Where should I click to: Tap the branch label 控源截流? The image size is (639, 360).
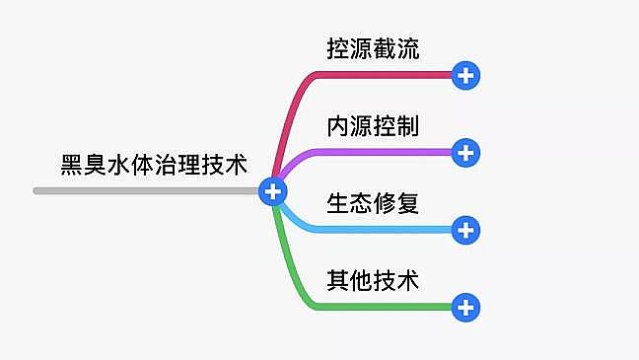point(373,48)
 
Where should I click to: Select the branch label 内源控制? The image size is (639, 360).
point(373,126)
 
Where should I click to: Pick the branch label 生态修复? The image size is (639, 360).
point(373,204)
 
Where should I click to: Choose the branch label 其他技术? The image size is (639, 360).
point(373,281)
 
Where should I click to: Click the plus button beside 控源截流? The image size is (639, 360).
point(465,74)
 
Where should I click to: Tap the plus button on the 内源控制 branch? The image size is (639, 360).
point(465,152)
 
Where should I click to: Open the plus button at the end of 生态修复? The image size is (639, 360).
point(465,230)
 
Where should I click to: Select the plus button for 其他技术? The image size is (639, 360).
point(465,308)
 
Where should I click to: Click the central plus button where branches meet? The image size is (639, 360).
point(272,191)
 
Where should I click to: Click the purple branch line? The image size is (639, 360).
point(375,152)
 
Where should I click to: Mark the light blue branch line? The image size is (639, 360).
point(375,230)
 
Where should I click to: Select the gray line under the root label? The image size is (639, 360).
point(148,190)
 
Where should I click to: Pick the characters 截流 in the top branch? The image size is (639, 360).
point(396,48)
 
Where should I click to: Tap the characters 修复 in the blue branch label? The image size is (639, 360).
point(396,204)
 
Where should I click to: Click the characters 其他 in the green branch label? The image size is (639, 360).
point(350,281)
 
